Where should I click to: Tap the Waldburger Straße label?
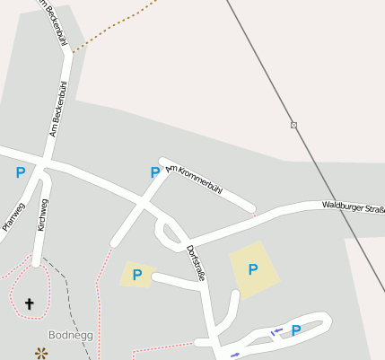tap(353, 207)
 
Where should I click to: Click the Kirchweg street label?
tap(43, 215)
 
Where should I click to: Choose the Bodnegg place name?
tap(71, 334)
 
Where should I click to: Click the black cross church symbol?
tap(29, 304)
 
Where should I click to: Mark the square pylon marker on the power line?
tap(293, 125)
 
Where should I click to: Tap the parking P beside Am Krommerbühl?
tap(154, 172)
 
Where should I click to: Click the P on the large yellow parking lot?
tap(252, 268)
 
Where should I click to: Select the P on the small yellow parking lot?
tap(136, 275)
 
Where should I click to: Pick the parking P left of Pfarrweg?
tap(20, 172)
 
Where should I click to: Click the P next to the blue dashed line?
tap(295, 330)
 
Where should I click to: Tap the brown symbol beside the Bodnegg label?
tap(40, 353)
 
